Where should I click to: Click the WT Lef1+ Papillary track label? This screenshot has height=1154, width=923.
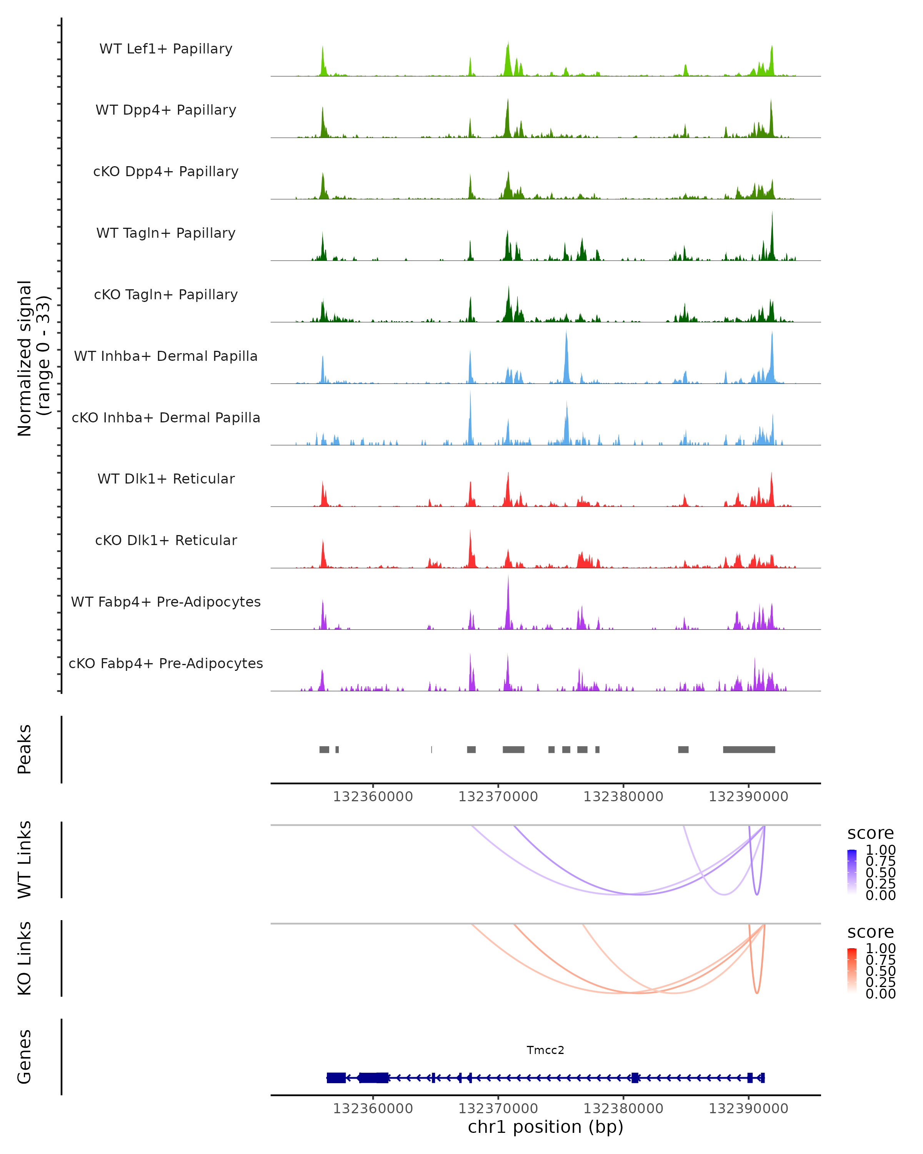166,49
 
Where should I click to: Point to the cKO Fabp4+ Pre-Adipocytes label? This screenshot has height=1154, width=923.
166,663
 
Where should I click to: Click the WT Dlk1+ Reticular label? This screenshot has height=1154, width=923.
166,479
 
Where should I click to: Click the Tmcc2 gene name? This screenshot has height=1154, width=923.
545,1050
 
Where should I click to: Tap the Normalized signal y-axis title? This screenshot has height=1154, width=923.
33,358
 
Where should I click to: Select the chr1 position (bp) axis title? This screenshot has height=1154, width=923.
545,1127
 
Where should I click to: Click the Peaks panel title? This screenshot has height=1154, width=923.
25,749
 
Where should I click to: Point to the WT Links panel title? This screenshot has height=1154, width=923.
25,860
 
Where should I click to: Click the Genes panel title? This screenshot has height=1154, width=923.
25,1057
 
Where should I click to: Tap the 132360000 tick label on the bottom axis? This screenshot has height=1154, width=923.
373,1109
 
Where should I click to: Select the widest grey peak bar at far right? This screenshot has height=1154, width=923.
748,749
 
